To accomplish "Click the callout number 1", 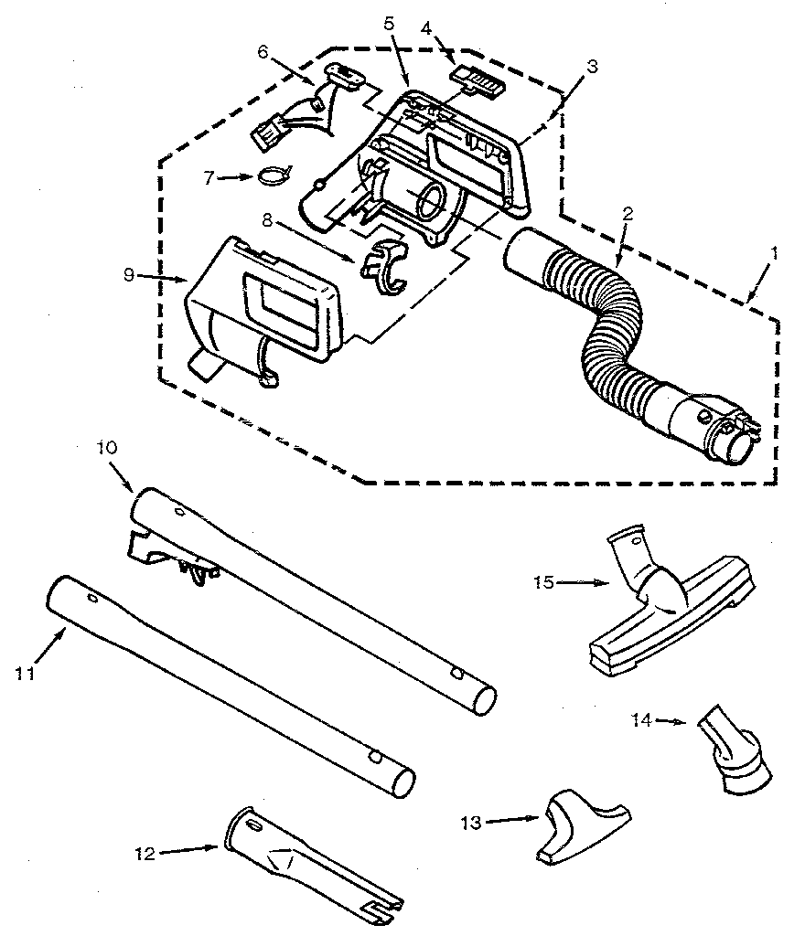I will tap(774, 253).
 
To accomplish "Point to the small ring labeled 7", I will tap(272, 173).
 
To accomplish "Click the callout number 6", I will tap(262, 54).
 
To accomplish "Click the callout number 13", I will tap(469, 822).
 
